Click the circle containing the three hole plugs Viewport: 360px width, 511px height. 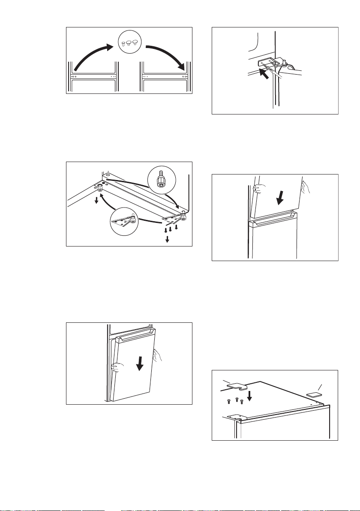129,44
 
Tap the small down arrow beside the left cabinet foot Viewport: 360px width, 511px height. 96,201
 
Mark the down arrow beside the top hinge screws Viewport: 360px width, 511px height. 251,397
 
